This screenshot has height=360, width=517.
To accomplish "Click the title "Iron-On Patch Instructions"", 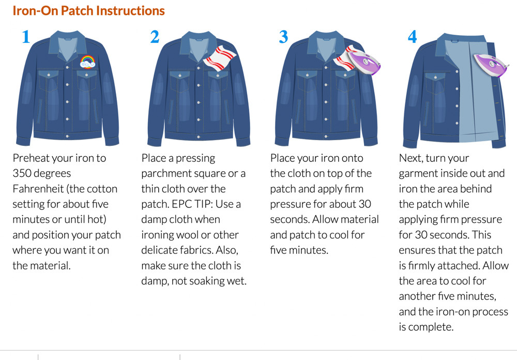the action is click(88, 10).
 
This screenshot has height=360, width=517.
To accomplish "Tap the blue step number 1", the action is click(26, 37).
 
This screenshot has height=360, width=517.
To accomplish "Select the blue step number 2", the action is click(155, 37).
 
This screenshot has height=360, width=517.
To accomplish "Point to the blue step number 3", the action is click(283, 37).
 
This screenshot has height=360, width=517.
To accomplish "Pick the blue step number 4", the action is click(412, 37).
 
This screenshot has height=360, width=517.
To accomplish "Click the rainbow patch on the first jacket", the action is click(88, 62).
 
